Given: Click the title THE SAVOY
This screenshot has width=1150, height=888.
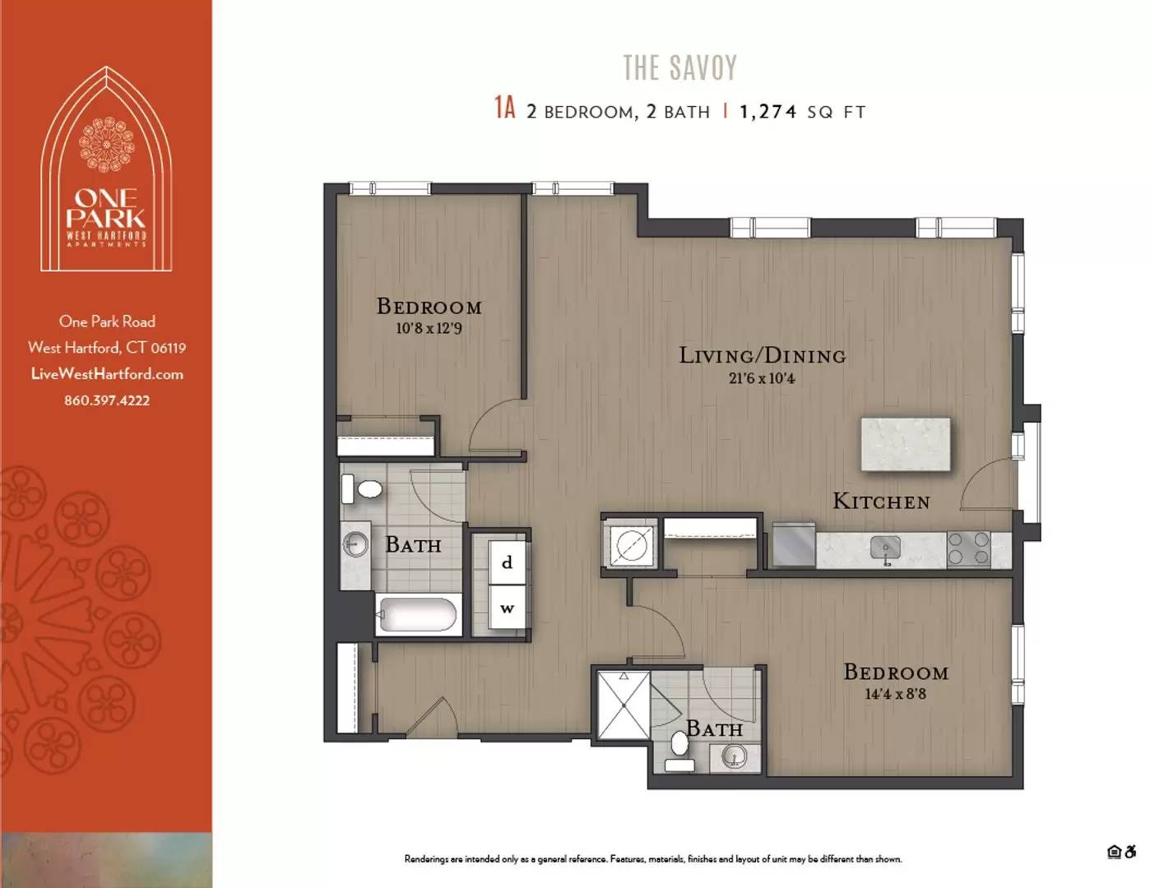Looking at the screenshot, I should (x=679, y=67).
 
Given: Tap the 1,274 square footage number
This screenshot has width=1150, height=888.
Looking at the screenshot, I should (x=767, y=112).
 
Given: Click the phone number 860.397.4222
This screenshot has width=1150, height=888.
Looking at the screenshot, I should (x=107, y=400).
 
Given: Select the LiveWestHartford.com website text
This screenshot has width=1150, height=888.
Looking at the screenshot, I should (x=107, y=374).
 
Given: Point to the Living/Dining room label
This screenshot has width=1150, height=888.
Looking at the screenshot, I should (x=762, y=355).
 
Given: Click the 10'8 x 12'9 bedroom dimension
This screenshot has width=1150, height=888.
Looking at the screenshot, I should (x=429, y=328).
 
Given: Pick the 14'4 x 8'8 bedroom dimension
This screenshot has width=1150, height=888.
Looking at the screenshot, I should (x=895, y=694).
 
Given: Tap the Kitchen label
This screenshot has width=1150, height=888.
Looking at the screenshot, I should (x=881, y=502).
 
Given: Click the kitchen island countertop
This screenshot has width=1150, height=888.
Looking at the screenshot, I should (x=905, y=444).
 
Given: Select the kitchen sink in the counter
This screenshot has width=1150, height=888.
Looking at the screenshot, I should (x=885, y=548).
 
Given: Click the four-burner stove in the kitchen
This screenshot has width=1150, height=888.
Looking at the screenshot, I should (x=968, y=549).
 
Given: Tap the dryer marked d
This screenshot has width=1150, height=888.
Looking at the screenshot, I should (x=507, y=562).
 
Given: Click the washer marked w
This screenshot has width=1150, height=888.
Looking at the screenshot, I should (x=507, y=608).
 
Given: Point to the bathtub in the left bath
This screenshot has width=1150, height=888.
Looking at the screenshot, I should (x=417, y=614).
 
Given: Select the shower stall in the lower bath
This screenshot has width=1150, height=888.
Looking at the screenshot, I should (x=623, y=705).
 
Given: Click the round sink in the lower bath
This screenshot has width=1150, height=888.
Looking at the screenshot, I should (x=734, y=756).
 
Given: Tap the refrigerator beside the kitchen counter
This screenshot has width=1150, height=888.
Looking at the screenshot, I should (x=793, y=546).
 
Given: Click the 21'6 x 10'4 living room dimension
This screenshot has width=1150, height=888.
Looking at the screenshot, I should (x=762, y=379).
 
